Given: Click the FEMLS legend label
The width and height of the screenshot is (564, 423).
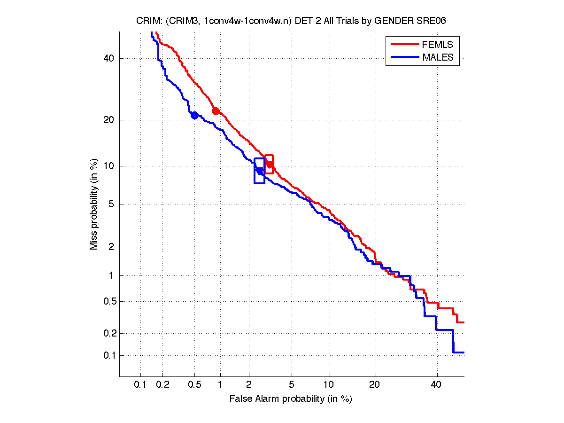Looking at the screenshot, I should click(438, 45).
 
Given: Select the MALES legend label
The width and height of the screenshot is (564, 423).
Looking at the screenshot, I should click(438, 57).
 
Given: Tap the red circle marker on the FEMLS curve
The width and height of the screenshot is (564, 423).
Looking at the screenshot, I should click(216, 111).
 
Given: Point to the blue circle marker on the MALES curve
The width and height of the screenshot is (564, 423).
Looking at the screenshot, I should click(194, 115).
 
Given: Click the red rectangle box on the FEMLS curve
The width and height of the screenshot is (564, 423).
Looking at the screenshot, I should click(269, 164).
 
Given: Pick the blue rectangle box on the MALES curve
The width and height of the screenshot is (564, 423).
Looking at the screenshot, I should click(259, 171).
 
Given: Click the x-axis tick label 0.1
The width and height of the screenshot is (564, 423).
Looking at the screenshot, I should click(140, 384).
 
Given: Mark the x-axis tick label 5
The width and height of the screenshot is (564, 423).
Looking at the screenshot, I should click(292, 384).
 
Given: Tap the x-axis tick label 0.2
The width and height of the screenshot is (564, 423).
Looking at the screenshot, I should click(163, 384).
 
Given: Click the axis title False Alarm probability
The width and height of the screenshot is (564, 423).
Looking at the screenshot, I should click(291, 399).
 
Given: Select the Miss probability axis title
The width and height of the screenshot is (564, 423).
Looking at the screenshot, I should click(94, 205).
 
